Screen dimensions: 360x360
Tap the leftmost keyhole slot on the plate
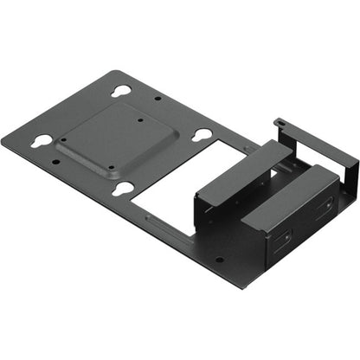[x=41, y=140]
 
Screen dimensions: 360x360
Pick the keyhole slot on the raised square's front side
[x=124, y=188]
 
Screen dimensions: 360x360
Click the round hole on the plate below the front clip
[x=218, y=259]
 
